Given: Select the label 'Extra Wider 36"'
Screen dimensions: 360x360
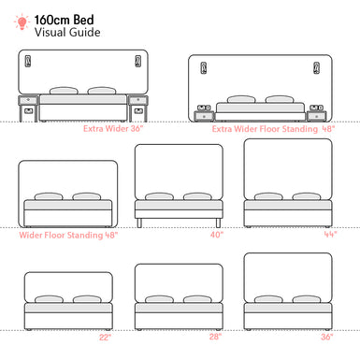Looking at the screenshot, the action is tap(118, 129).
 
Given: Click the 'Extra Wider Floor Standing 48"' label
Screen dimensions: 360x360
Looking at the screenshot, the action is tap(272, 129).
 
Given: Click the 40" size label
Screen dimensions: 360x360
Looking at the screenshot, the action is tap(217, 235).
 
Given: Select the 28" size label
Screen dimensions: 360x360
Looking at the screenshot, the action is tap(216, 337).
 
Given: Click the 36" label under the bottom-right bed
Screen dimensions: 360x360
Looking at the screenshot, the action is tap(326, 337).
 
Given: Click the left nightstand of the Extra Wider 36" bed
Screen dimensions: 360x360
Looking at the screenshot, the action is tap(28, 108).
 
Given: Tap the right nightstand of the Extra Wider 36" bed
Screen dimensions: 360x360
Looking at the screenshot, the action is tap(138, 108).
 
